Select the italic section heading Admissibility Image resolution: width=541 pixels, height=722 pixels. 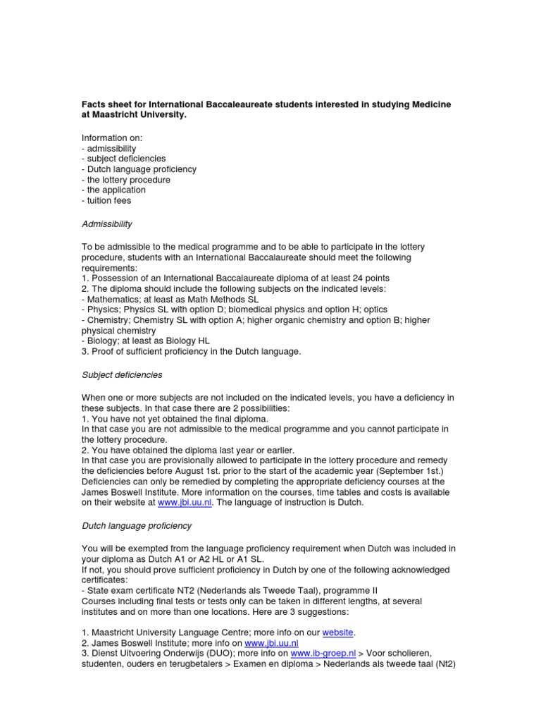click(x=107, y=224)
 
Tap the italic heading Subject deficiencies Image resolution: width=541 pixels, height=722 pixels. click(x=123, y=375)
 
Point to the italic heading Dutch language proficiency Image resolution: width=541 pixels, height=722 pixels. click(x=137, y=526)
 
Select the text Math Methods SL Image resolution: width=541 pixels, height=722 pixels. click(x=215, y=299)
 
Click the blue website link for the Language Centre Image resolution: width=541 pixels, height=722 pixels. click(x=338, y=633)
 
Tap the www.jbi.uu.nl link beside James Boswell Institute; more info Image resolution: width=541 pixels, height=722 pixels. click(x=270, y=644)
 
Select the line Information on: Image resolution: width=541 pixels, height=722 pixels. click(x=112, y=139)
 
